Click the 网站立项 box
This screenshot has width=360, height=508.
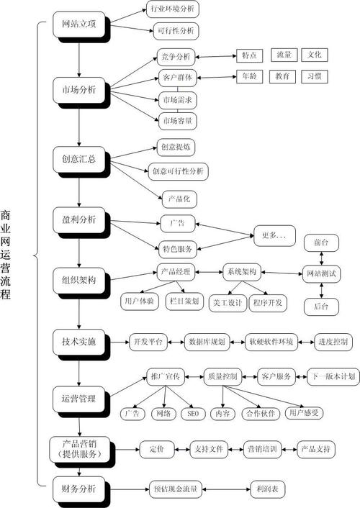80,24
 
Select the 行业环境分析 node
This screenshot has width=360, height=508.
172,9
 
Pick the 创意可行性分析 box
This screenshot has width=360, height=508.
179,172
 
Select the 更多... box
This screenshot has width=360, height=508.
274,234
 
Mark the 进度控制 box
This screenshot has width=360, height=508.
333,341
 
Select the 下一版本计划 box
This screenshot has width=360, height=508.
332,376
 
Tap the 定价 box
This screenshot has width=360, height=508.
156,450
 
